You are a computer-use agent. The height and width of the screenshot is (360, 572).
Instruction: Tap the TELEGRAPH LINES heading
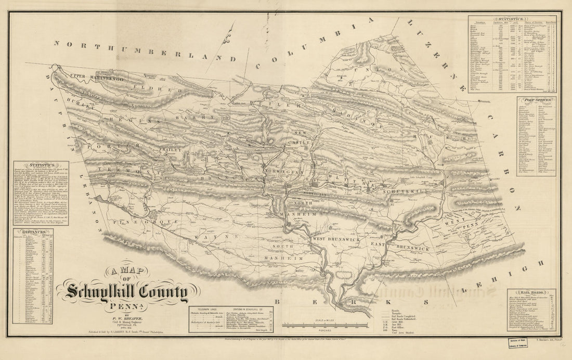point(204,308)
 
